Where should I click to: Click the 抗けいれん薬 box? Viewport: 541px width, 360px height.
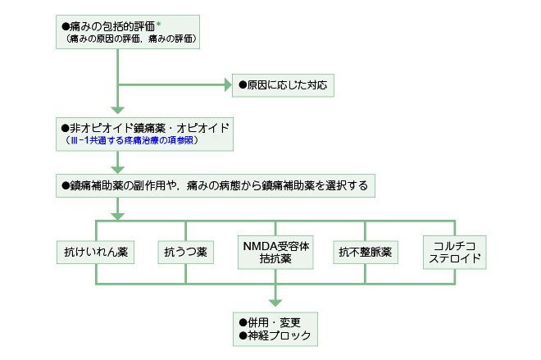pos(96,253)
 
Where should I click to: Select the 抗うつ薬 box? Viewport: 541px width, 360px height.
pos(186,253)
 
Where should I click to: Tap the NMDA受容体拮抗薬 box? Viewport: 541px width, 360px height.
pos(275,252)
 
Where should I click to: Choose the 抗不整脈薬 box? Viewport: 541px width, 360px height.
pos(365,253)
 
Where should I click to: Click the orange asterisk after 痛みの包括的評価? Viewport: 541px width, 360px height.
pos(159,25)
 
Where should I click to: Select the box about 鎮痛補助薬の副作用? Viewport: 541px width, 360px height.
pos(216,185)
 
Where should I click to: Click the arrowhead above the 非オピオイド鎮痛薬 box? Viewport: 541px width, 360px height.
pos(117,109)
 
